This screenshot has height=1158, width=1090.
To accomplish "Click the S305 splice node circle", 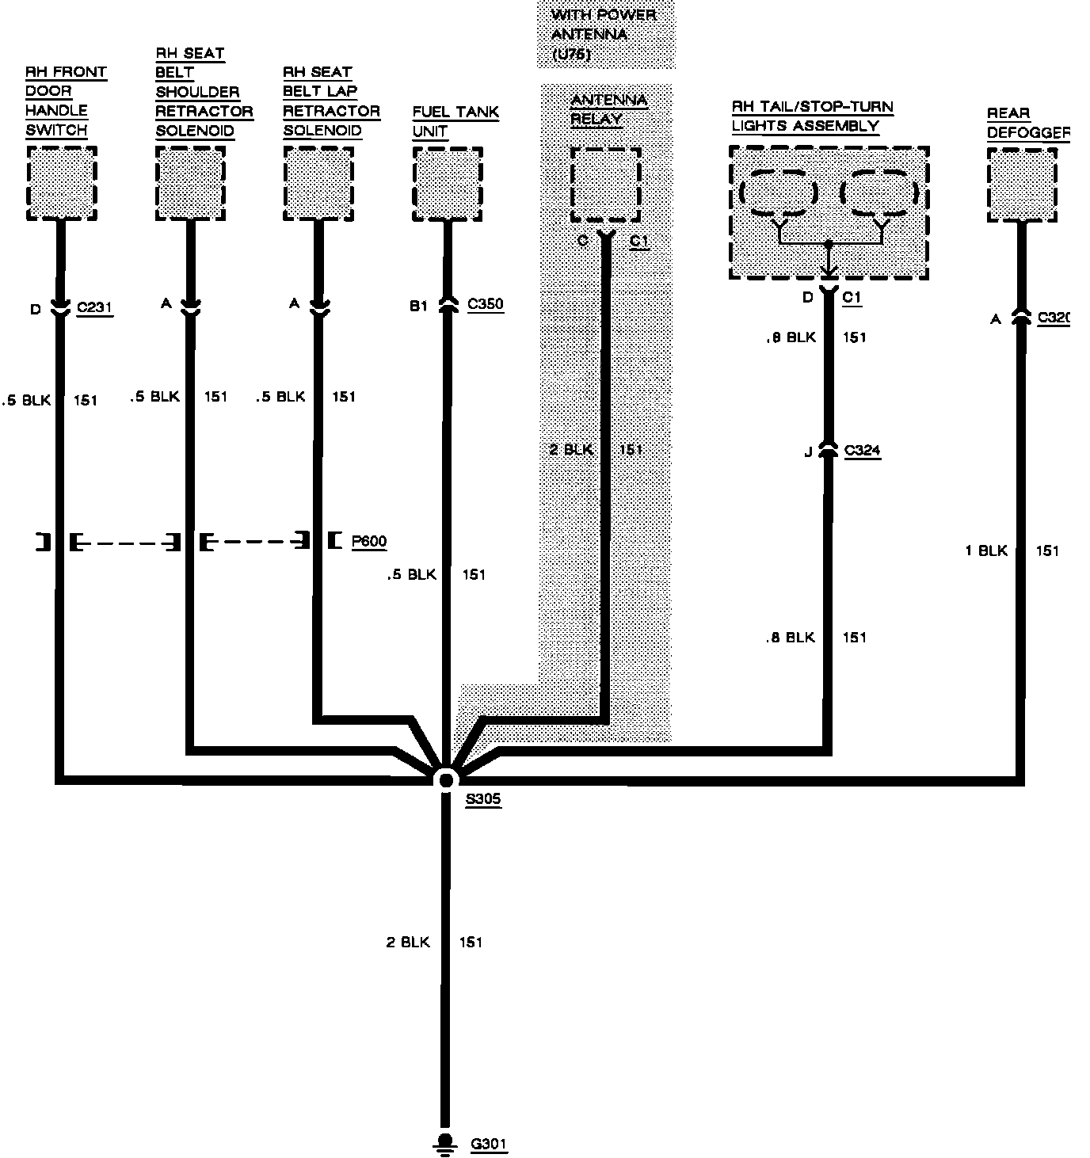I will coord(446,779).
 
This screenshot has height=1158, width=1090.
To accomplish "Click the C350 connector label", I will coord(485,304).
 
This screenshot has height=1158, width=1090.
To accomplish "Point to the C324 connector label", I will coord(862,451).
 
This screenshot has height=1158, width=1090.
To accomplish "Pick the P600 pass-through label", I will coord(368,542).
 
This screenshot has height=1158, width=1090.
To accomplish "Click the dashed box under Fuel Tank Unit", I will coord(448,184).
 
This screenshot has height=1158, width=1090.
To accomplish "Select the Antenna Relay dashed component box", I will coord(605,184).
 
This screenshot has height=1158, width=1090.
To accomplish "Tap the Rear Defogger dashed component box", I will coord(1022,185).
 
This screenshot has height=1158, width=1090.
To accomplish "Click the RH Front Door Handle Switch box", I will coord(61,183).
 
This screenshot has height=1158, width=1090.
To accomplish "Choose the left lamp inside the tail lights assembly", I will coord(779,192).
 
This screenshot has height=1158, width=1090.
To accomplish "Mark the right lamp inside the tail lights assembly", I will coord(879,192).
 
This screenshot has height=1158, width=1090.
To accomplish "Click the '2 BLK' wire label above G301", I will coord(408,942).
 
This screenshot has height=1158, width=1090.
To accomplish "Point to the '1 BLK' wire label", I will coord(985,550).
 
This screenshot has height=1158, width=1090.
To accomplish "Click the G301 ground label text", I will coord(489,1144).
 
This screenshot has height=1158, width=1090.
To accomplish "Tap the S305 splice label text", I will coord(482,799).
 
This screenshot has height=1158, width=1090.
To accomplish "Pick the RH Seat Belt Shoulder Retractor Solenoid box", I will coord(190,184).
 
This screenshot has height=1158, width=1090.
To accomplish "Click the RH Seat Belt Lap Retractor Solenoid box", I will coord(318,184).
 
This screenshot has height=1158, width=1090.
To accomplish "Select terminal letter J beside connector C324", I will coord(808,452).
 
